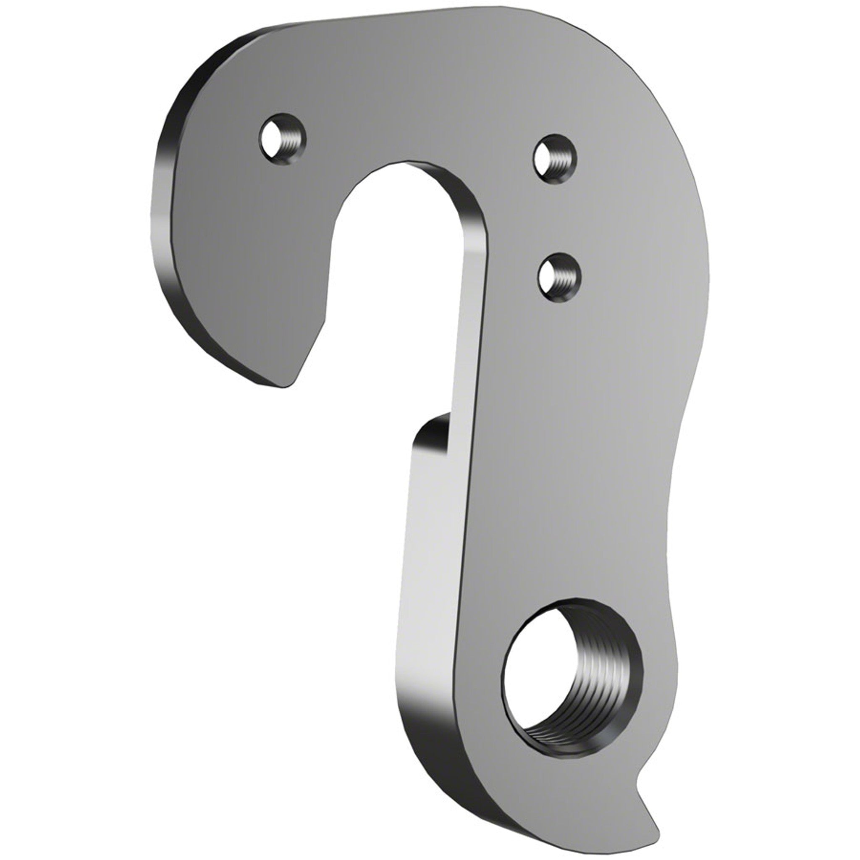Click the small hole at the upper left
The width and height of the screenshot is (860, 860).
(282, 139)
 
